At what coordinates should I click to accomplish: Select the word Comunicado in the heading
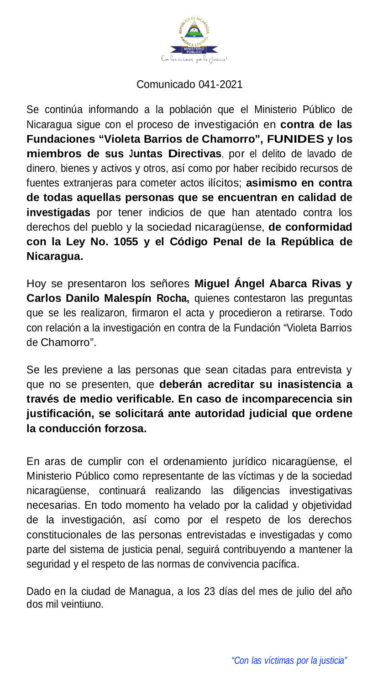(167, 84)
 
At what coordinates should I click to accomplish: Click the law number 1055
(126, 242)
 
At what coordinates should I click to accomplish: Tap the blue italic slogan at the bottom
(289, 661)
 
